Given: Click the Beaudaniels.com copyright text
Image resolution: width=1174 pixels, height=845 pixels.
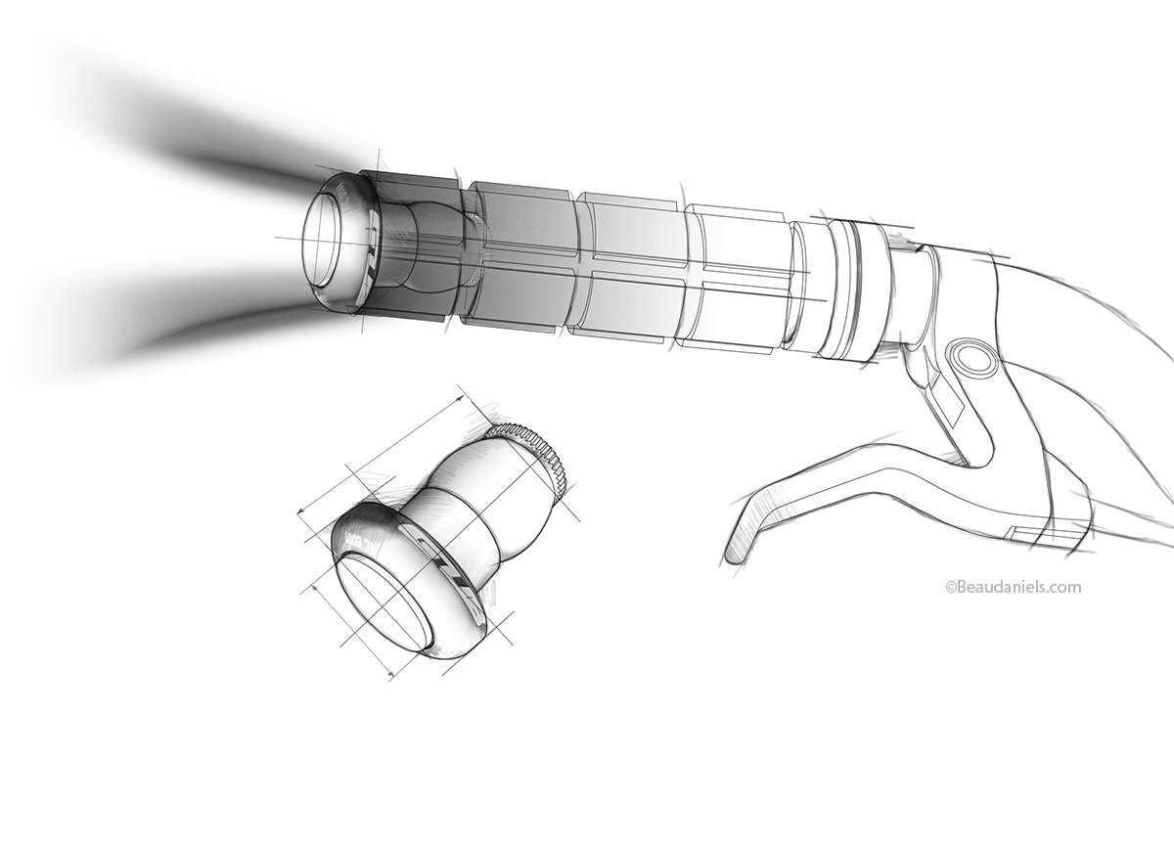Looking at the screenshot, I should (x=1013, y=587).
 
